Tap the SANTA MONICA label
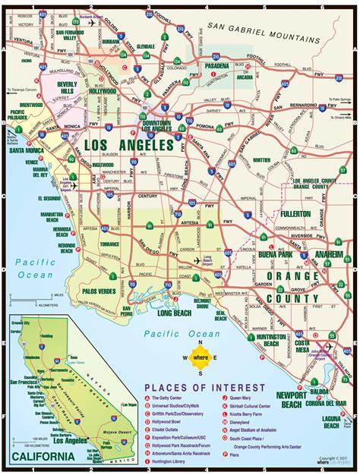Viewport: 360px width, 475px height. pos(26,150)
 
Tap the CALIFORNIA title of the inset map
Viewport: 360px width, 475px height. pos(43,456)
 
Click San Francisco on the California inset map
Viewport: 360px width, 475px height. pos(21,380)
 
